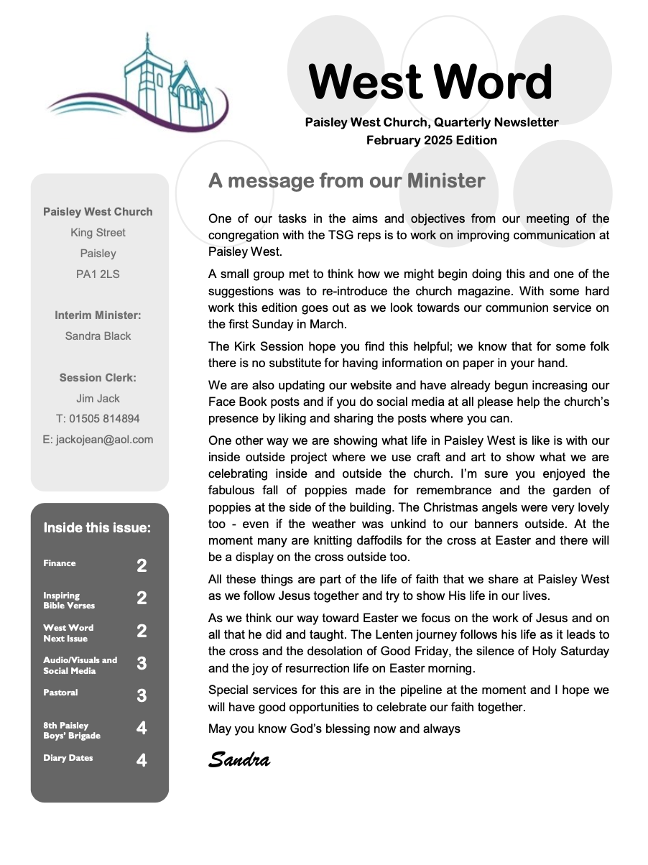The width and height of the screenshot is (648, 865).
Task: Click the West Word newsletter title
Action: [431, 83]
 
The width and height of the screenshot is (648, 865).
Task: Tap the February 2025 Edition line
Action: [431, 140]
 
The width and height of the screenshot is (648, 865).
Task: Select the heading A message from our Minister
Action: [346, 181]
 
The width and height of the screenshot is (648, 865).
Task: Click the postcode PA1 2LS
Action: [98, 274]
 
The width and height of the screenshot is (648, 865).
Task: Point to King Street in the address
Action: [98, 233]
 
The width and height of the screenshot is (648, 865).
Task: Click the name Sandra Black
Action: [98, 336]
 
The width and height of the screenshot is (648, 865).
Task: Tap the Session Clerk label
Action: [98, 377]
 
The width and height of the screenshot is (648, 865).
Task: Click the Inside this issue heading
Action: [97, 528]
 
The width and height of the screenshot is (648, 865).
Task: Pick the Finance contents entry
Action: [60, 563]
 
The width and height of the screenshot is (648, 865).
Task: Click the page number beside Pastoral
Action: [142, 695]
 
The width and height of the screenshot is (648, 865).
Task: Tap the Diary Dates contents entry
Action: [68, 758]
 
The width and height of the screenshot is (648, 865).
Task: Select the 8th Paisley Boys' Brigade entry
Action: [72, 731]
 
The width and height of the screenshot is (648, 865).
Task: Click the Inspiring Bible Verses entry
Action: [69, 601]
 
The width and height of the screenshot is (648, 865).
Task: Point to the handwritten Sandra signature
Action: [239, 759]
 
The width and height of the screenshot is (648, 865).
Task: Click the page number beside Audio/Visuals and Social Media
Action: [142, 663]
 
